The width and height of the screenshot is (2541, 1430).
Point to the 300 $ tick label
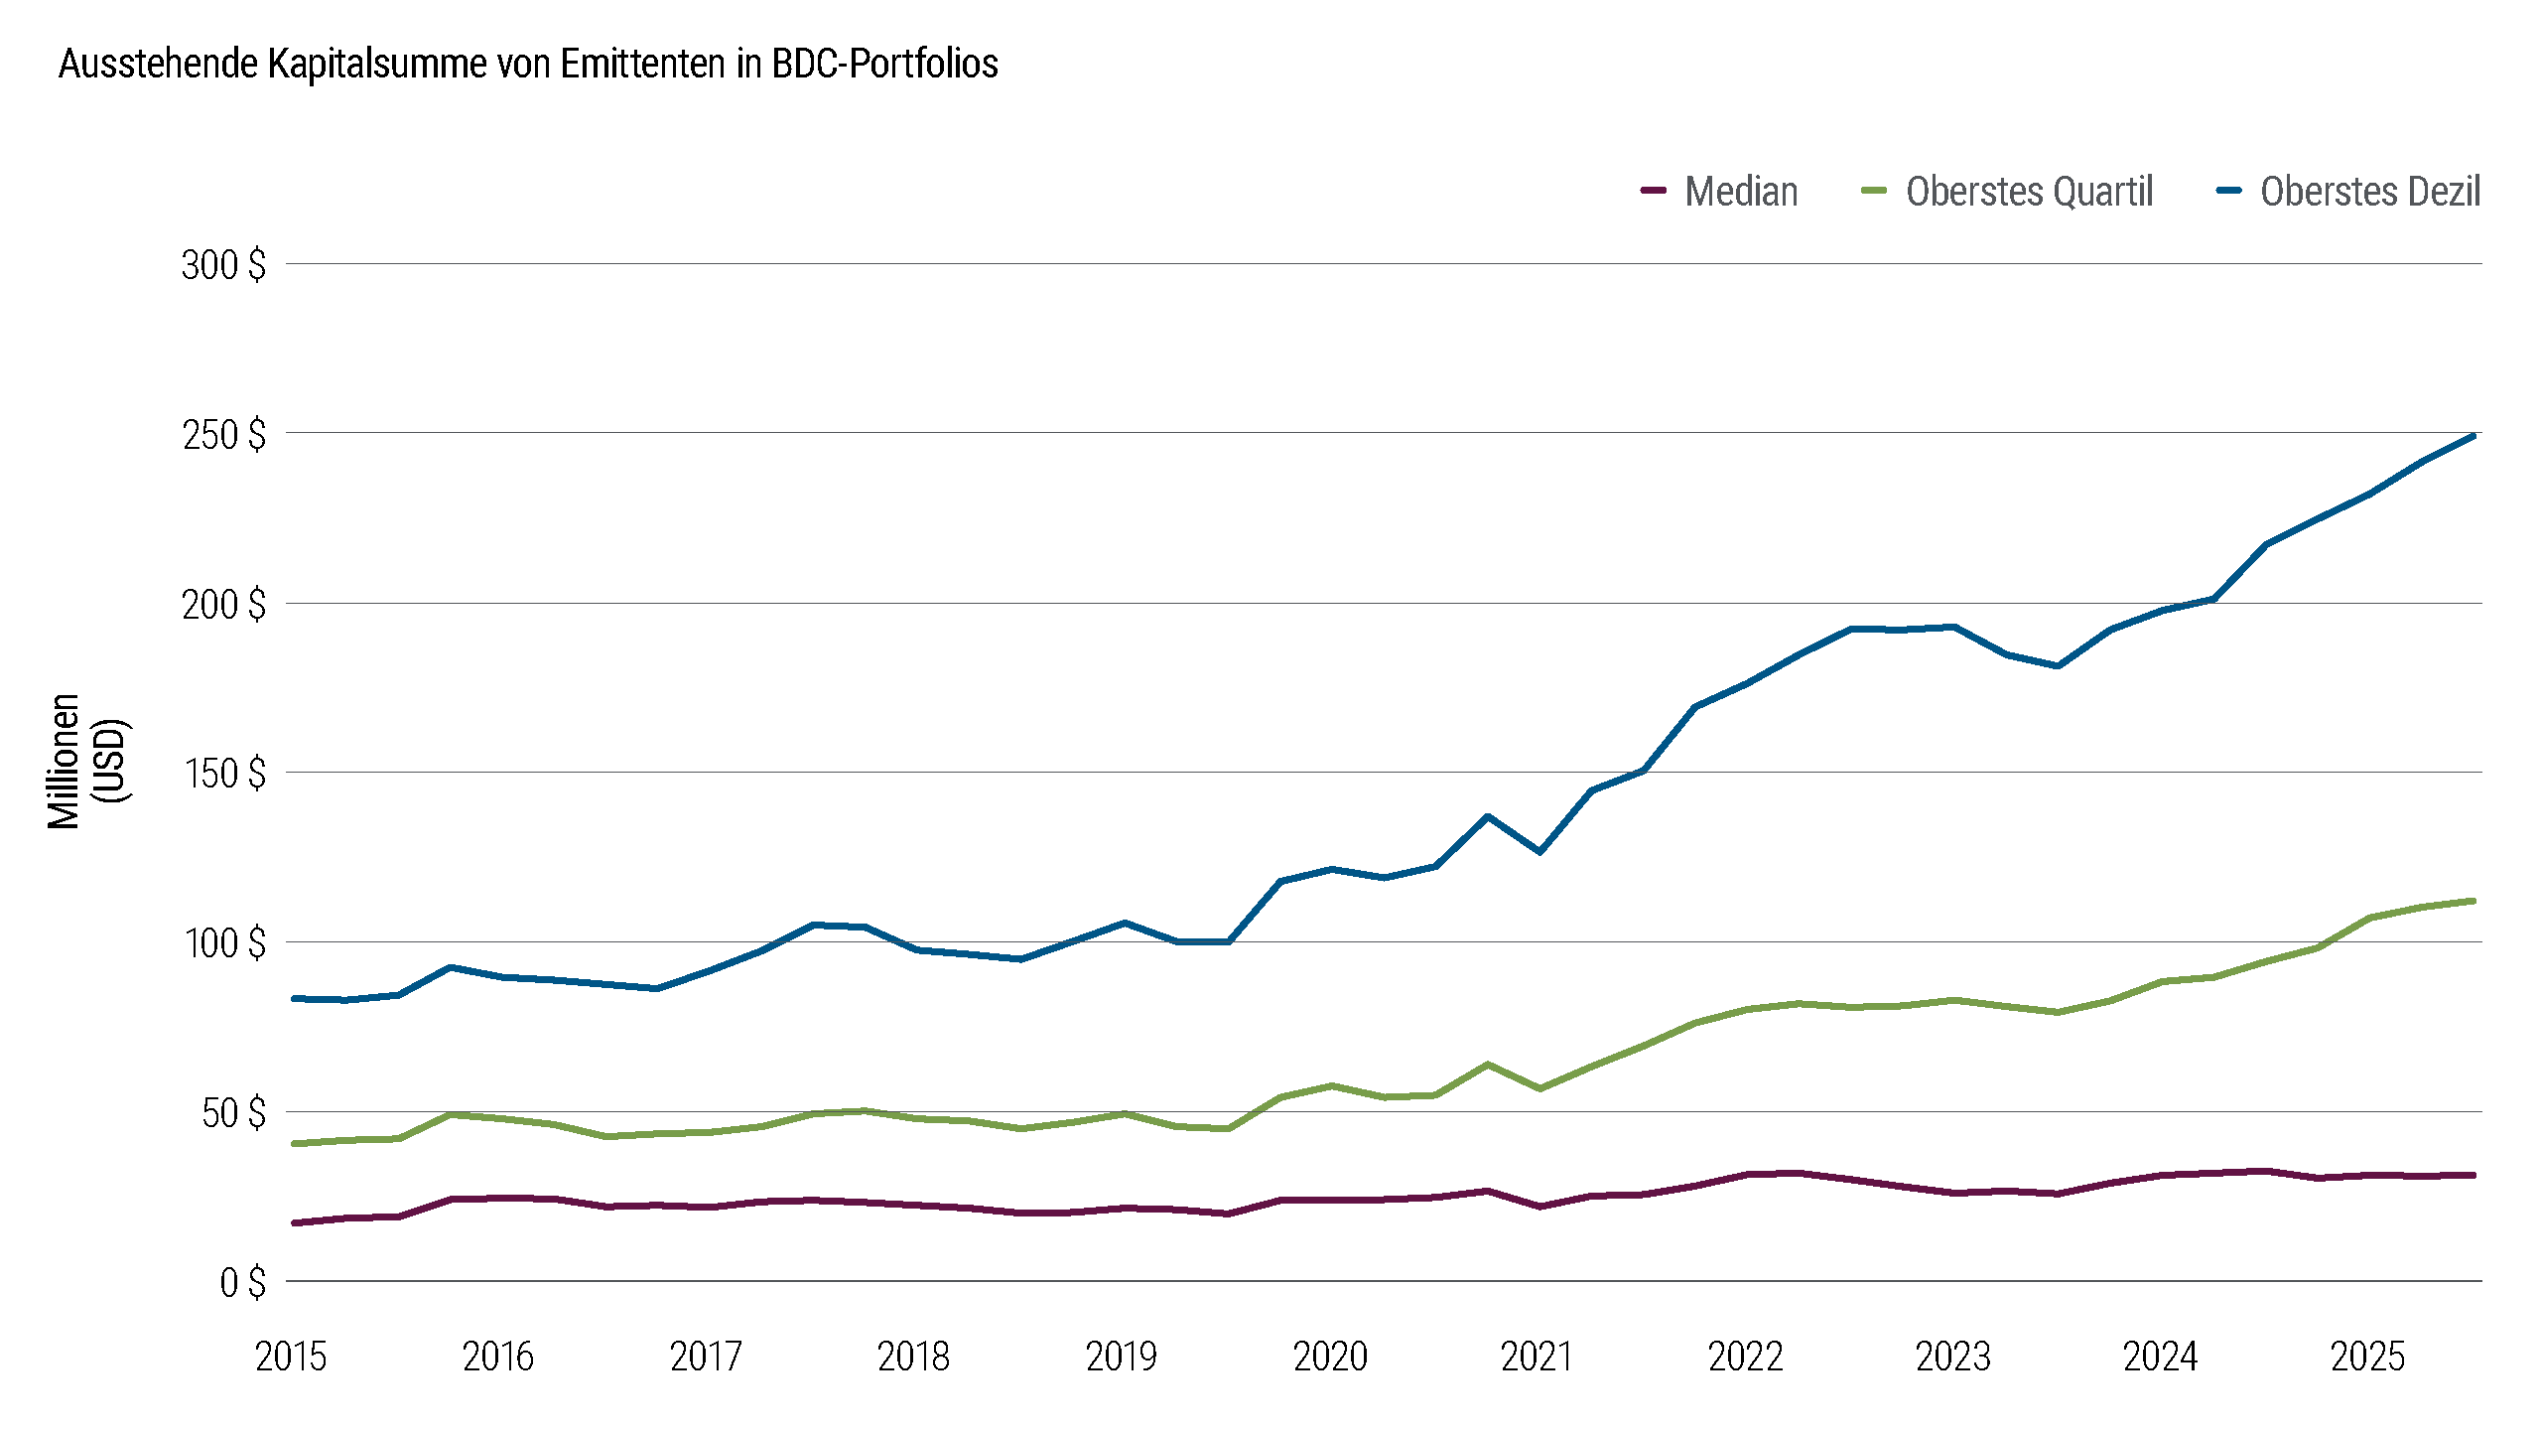click(223, 265)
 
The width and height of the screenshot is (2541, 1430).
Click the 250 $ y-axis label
click(223, 435)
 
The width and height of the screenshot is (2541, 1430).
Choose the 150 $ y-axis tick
click(224, 774)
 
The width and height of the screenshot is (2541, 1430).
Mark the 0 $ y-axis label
click(242, 1282)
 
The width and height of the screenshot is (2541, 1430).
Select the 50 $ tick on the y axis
click(233, 1113)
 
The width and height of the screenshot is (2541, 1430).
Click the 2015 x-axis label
click(291, 1357)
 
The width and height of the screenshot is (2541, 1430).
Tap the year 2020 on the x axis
click(1330, 1357)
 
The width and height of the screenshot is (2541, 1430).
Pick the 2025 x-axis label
click(2367, 1357)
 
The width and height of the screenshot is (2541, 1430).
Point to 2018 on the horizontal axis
click(913, 1357)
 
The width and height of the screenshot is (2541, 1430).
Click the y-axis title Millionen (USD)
click(88, 761)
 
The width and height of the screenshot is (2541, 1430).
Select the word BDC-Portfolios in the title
click(884, 64)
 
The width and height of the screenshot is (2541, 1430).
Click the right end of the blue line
click(2473, 436)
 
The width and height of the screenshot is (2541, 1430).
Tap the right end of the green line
click(2473, 901)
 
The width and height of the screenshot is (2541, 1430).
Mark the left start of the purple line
click(295, 1222)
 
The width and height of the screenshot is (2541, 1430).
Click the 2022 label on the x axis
click(1745, 1357)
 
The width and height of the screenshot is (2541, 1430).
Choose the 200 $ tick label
click(223, 605)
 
